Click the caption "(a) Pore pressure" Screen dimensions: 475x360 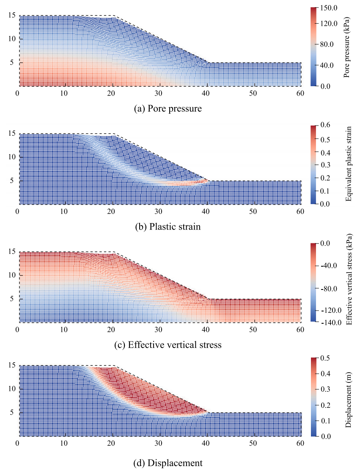pos(168,109)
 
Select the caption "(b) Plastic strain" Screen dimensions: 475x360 pos(168,227)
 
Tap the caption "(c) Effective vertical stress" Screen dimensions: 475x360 pos(168,345)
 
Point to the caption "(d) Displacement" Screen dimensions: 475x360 pos(168,463)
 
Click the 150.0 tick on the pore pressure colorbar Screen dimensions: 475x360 pos(331,8)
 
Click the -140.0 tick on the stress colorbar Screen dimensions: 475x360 pos(331,322)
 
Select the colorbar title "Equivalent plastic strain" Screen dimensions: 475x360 pos(349,165)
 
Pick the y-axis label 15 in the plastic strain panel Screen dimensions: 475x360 pos(11,133)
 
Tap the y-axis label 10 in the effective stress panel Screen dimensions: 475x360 pos(11,275)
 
